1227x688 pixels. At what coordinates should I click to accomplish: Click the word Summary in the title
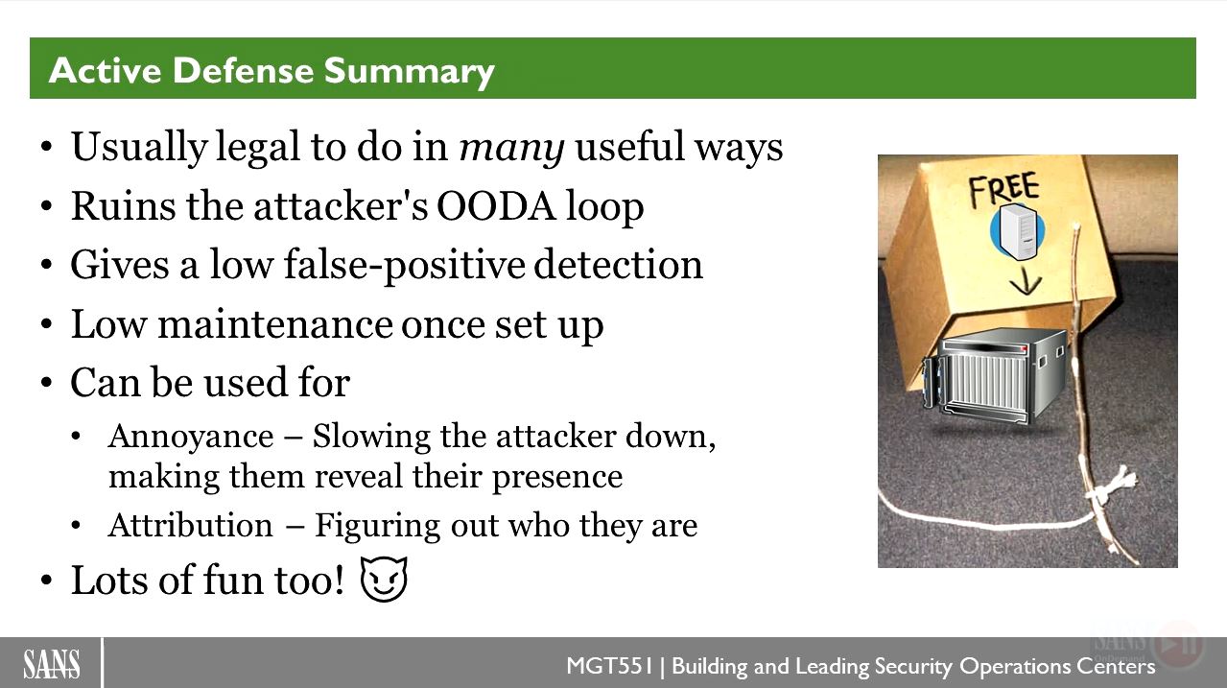[x=409, y=72]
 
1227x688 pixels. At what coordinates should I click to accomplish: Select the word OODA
[x=495, y=206]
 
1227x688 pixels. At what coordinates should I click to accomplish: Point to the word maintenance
[x=275, y=324]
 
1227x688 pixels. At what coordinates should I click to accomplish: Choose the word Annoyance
[x=191, y=438]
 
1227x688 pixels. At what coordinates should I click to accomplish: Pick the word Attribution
[x=190, y=525]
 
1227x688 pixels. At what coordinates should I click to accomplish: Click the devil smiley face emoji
[x=384, y=579]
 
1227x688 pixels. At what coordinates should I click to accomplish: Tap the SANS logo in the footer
[x=52, y=664]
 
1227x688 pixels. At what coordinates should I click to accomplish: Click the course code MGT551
[x=610, y=666]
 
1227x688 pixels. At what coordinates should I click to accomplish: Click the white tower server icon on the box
[x=1018, y=231]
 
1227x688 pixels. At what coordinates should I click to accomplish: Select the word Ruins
[x=123, y=206]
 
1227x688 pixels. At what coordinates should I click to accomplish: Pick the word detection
[x=618, y=265]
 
